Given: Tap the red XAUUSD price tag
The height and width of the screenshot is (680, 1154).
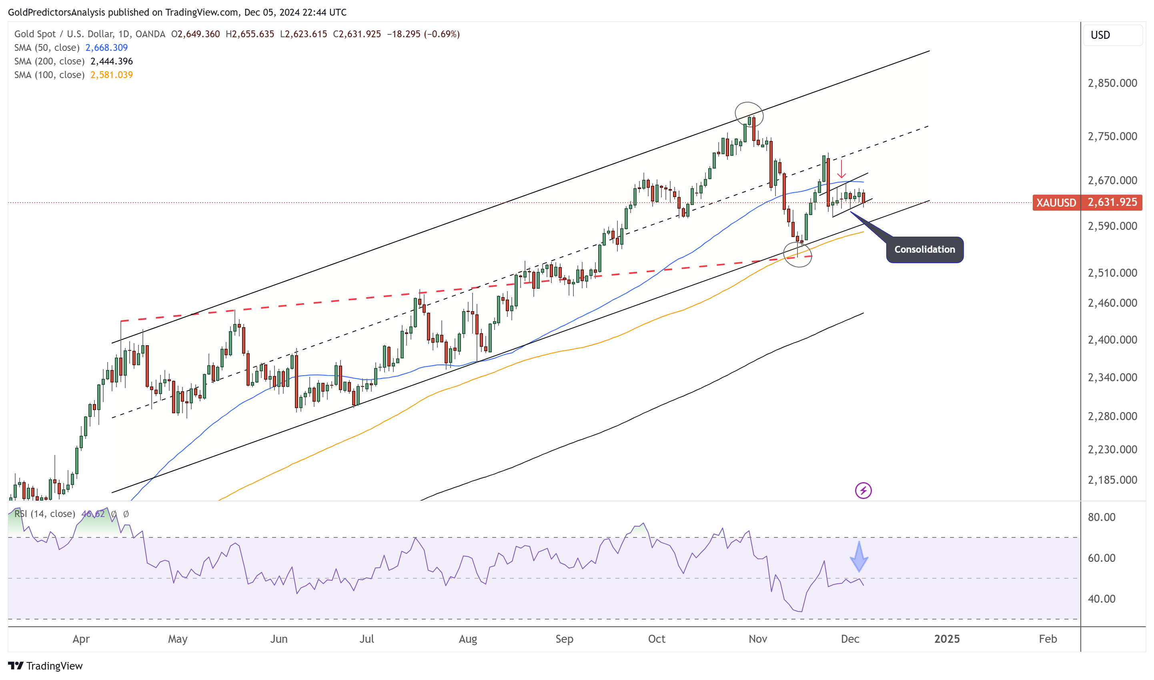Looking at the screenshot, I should tap(1056, 202).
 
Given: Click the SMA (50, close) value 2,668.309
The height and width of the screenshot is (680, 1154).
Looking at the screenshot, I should tap(106, 48).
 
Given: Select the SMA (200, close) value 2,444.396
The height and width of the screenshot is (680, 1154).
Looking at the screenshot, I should tap(111, 61).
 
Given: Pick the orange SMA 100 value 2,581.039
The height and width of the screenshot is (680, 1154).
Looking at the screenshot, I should tap(111, 75).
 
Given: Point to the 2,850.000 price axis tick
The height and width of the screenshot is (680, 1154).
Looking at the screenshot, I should tap(1112, 83).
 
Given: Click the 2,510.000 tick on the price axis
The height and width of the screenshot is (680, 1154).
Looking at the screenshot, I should tap(1112, 273).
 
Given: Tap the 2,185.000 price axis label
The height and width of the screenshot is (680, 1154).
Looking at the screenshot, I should tap(1112, 480).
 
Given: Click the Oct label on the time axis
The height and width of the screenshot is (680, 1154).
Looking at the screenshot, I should tap(656, 639).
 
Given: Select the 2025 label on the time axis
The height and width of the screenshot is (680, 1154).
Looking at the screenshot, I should tap(947, 639).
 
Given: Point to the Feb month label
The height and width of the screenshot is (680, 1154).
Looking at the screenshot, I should tap(1048, 639).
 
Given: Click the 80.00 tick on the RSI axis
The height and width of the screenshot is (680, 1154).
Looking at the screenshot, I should tap(1101, 517).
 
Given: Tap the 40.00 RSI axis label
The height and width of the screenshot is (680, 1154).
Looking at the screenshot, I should tap(1101, 598).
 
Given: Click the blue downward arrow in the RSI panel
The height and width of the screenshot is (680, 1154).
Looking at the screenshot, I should tap(859, 557).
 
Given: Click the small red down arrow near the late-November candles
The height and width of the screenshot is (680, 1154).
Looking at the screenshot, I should tap(841, 169).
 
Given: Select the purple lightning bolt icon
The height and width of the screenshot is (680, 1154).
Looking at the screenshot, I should tap(863, 491).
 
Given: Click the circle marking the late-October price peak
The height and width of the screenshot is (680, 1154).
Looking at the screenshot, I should tap(749, 115).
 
